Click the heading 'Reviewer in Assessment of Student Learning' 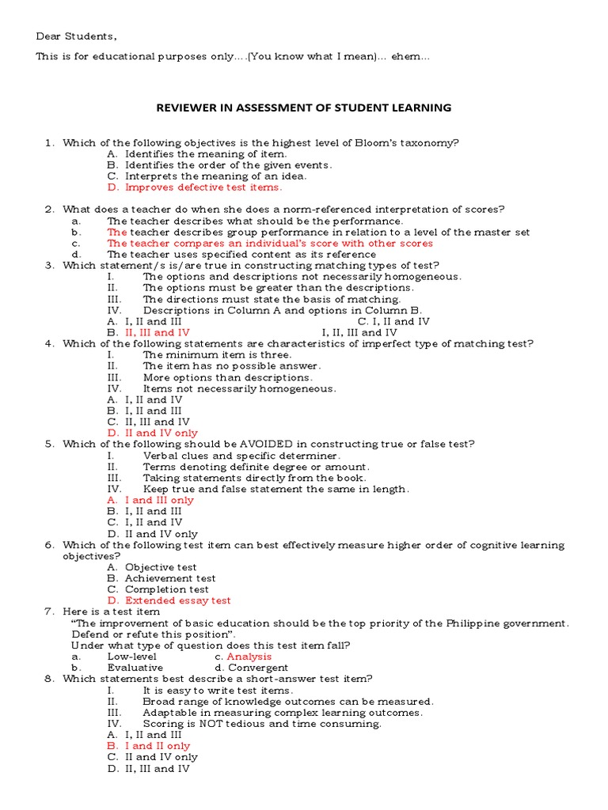pos(303,108)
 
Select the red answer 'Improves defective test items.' pos(203,187)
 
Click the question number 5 pos(48,445)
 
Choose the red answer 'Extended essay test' pos(177,600)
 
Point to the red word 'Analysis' pos(249,657)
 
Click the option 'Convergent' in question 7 pos(258,668)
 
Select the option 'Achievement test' pos(169,578)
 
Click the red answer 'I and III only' pos(158,500)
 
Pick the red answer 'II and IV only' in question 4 pos(161,433)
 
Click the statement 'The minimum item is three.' pos(217,355)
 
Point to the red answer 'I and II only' pos(157,746)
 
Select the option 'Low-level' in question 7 pos(131,657)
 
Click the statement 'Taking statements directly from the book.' pos(254,478)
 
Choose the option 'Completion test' pos(166,589)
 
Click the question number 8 pos(48,679)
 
